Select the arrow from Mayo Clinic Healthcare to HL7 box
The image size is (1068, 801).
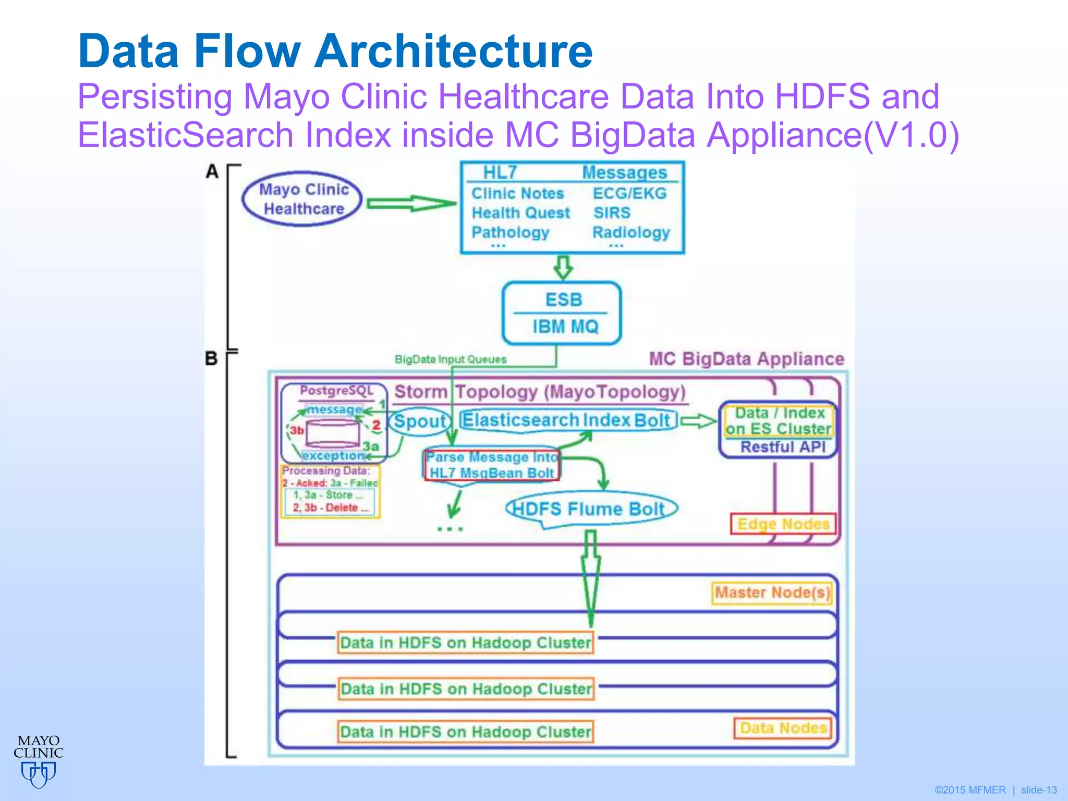[411, 203]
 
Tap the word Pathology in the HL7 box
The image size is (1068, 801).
[510, 232]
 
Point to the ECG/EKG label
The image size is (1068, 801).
[629, 193]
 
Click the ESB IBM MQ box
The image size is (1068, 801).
[562, 313]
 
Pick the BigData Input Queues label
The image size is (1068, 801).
[451, 359]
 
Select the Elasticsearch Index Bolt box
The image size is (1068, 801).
[568, 420]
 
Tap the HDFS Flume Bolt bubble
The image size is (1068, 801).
[590, 509]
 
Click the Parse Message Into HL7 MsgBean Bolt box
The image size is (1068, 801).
[492, 465]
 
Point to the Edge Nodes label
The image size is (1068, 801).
[783, 524]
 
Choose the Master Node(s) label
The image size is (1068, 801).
[772, 593]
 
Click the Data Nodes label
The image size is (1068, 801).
[783, 728]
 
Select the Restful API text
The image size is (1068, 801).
[783, 447]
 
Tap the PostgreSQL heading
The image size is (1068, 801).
[336, 391]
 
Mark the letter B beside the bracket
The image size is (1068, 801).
[211, 359]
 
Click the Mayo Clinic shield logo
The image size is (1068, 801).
[39, 774]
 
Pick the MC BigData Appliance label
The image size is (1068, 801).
[746, 359]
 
